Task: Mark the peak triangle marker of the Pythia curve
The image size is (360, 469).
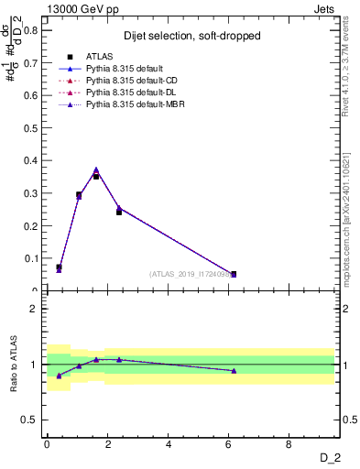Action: (x=96, y=170)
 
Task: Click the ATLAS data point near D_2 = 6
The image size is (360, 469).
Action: (x=234, y=274)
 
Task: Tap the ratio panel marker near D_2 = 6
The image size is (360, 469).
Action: (x=234, y=371)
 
